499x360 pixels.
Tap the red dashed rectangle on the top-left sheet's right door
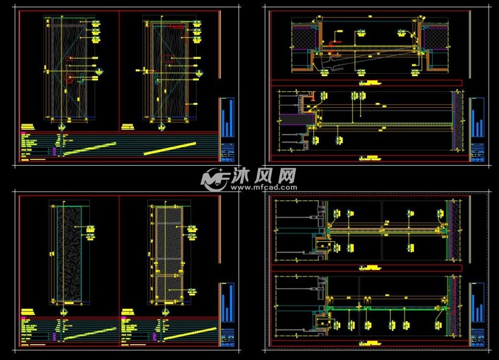176,27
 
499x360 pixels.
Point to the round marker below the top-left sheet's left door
60,127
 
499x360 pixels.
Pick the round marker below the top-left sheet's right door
161,127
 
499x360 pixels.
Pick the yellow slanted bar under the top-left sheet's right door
170,148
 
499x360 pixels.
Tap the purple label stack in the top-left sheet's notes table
55,150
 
